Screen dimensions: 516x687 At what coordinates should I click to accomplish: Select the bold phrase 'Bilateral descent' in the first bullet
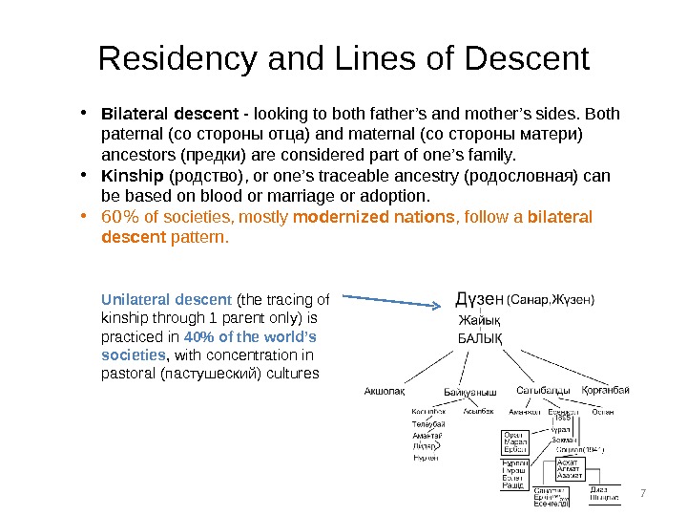161,116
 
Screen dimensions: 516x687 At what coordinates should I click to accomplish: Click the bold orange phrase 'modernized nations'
373,217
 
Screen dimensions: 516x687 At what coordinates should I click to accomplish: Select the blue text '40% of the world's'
250,337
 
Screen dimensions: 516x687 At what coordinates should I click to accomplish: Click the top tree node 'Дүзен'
480,299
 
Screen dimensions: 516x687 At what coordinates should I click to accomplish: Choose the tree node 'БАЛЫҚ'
481,338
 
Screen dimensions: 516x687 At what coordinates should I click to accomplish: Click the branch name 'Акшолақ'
385,391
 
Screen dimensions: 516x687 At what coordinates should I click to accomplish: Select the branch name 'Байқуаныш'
470,392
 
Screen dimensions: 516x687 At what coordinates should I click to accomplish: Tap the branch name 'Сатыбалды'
544,390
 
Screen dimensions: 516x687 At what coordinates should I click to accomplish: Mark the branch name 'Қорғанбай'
607,390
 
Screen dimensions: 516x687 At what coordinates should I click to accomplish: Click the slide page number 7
642,493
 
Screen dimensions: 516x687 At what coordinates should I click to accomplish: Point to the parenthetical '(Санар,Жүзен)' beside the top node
550,300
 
